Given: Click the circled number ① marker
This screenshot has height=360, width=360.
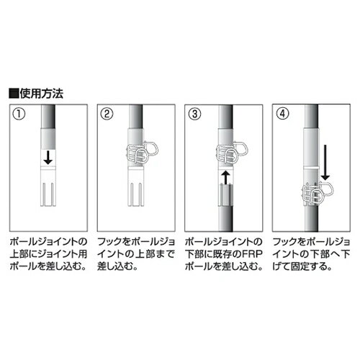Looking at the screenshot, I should (19, 114).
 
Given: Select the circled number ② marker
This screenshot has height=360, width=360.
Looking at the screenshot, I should (107, 114).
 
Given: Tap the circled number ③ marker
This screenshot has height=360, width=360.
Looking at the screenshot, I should (194, 114).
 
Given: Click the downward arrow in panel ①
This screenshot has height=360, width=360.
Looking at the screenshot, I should (48, 157).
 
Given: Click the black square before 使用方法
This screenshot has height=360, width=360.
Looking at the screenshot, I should (12, 94).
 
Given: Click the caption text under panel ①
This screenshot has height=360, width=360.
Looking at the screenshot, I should (47, 251).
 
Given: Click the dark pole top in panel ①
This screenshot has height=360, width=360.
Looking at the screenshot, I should (48, 122).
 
